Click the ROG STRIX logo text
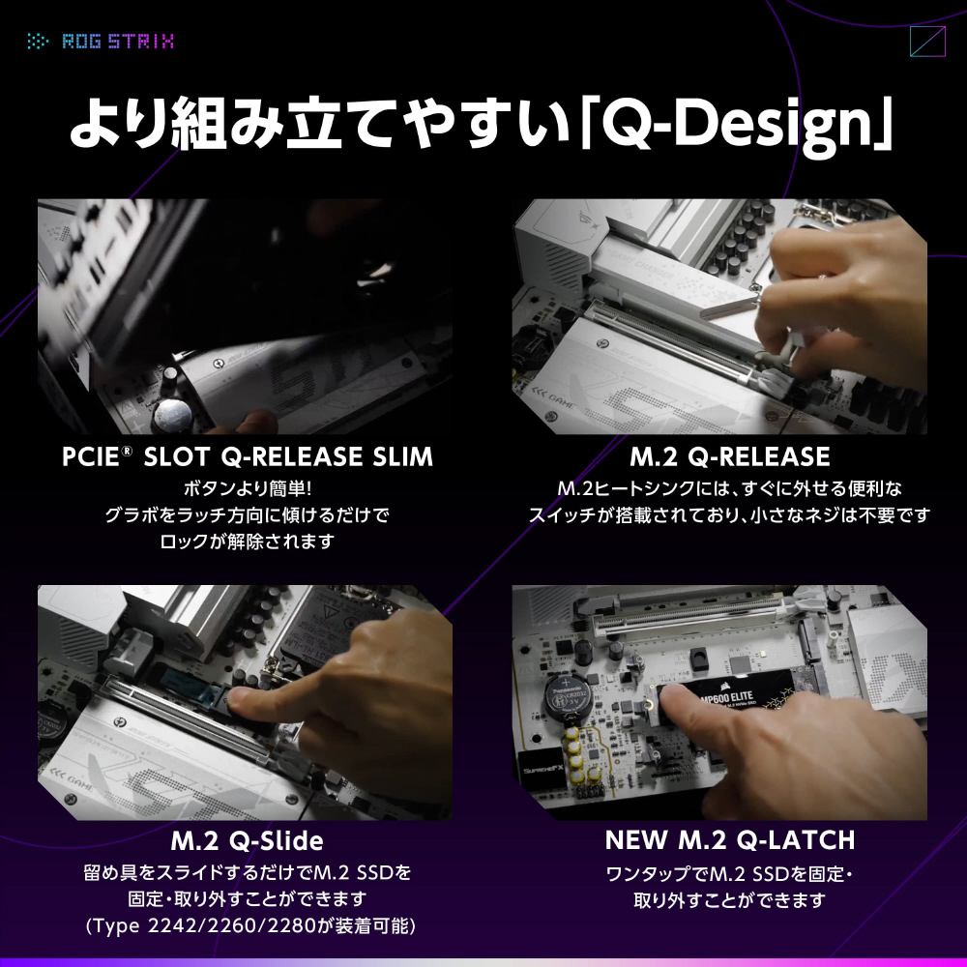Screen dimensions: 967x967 (x=118, y=42)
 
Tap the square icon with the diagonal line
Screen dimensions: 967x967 (x=927, y=42)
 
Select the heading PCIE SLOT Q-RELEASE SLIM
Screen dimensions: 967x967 (x=248, y=457)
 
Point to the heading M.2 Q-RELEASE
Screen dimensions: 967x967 (x=729, y=457)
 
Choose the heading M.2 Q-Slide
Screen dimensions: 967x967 (x=247, y=840)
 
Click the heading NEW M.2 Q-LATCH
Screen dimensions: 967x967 (x=730, y=840)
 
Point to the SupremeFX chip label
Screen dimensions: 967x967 (x=542, y=770)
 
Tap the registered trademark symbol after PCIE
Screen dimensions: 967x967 (x=127, y=451)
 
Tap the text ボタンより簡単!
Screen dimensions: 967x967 (x=248, y=489)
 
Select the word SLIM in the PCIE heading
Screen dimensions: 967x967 (x=402, y=457)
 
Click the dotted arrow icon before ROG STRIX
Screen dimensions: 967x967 (x=37, y=42)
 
